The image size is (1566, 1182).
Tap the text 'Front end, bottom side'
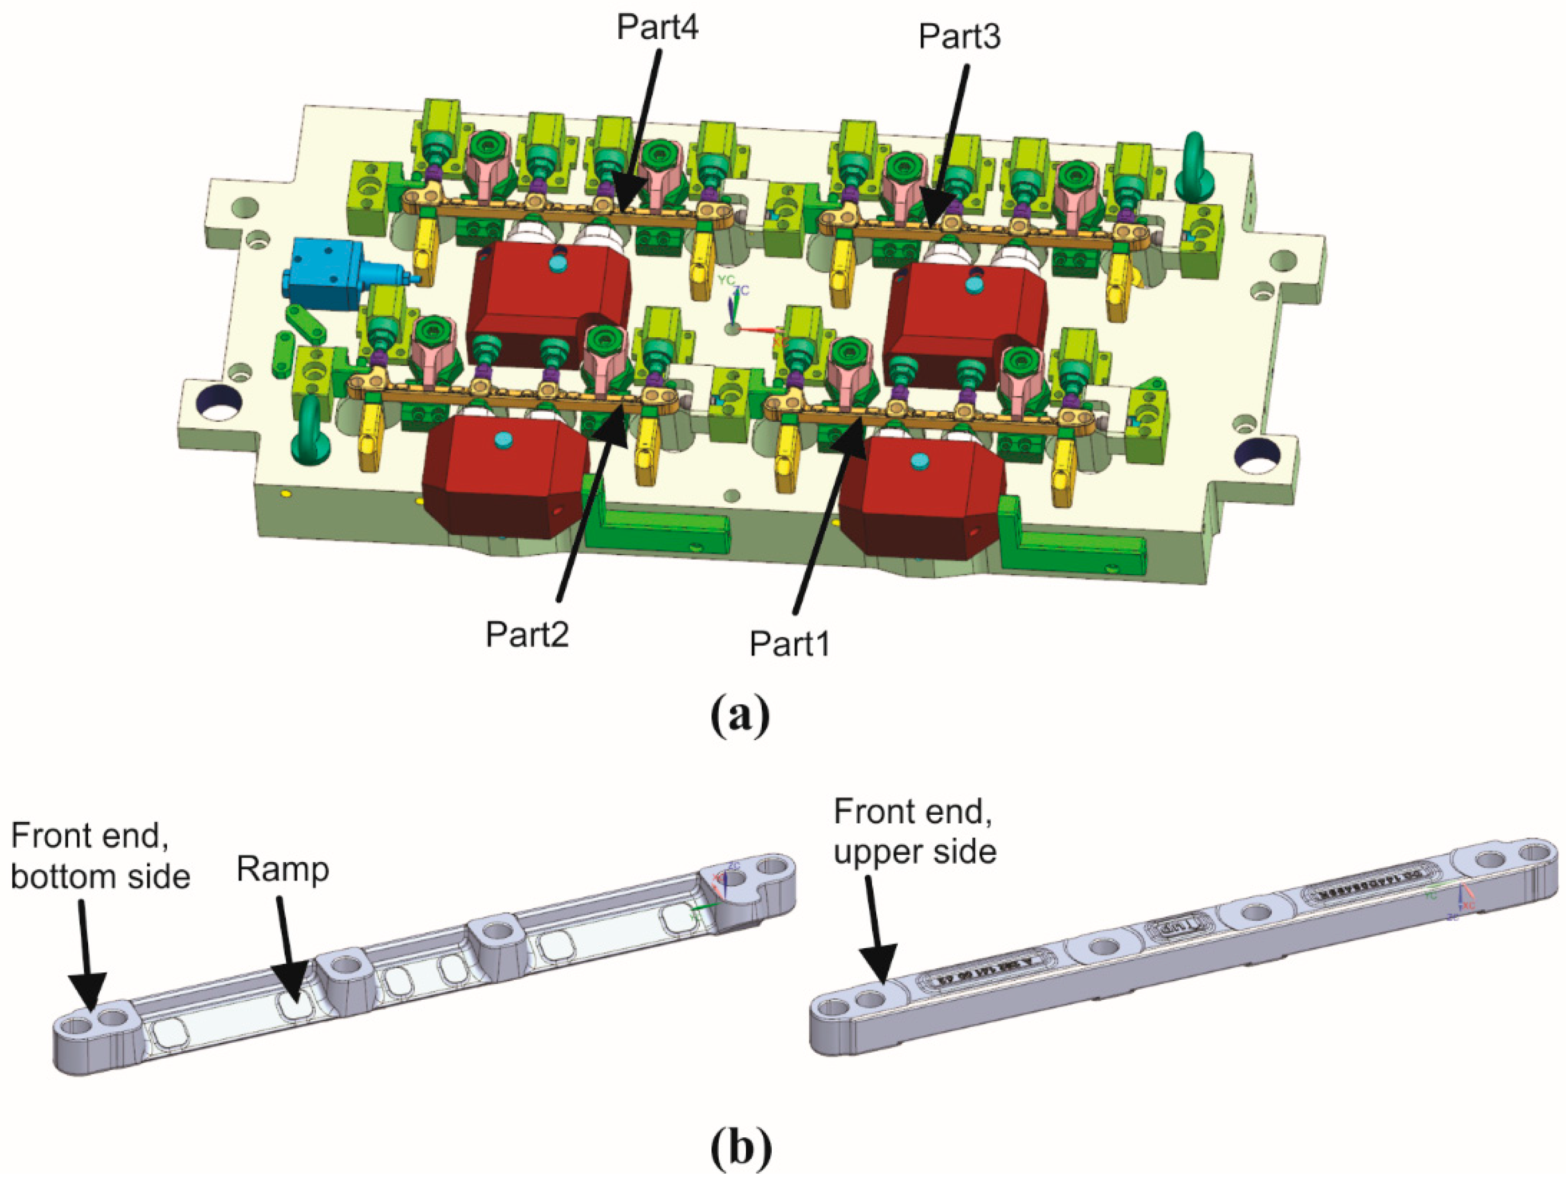pos(100,856)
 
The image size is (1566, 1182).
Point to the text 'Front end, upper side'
pos(915,832)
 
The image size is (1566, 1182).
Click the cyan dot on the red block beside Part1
pos(920,461)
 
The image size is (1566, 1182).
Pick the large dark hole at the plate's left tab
pos(220,403)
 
